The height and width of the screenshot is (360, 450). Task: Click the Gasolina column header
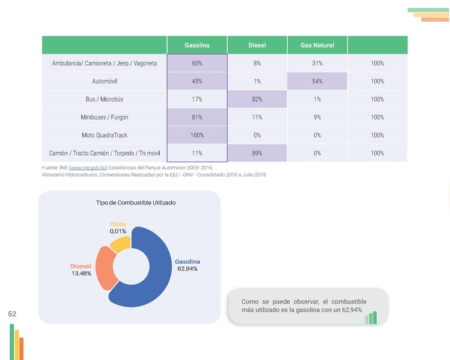(x=196, y=45)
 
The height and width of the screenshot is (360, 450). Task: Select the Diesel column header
(x=257, y=45)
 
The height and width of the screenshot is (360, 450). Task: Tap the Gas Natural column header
(x=317, y=45)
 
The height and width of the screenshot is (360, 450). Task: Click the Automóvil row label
(x=105, y=81)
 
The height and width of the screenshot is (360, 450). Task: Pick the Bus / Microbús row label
(x=105, y=99)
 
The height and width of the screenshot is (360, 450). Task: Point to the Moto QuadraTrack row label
(x=105, y=135)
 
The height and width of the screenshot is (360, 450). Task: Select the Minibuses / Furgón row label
(x=105, y=117)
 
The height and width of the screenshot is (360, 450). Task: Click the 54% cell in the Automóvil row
(x=317, y=81)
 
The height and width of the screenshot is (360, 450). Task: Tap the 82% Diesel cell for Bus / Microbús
(x=257, y=99)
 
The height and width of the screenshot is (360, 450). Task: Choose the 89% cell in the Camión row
(x=257, y=153)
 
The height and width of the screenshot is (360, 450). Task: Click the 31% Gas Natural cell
(x=317, y=63)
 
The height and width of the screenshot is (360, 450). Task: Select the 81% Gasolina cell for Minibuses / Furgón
(x=196, y=117)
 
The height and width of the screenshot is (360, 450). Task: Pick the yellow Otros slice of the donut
(x=121, y=244)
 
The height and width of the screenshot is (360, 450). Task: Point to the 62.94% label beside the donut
(x=187, y=269)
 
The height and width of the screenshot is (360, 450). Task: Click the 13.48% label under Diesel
(x=81, y=274)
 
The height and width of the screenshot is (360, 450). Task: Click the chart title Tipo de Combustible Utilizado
(x=136, y=203)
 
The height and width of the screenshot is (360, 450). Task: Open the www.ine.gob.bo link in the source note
(x=88, y=168)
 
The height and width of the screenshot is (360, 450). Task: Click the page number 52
(x=12, y=314)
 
